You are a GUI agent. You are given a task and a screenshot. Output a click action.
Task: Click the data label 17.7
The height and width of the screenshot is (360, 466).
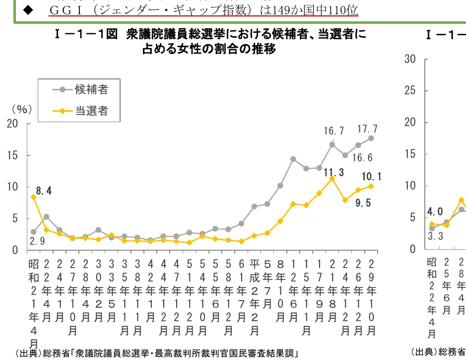[x=367, y=129]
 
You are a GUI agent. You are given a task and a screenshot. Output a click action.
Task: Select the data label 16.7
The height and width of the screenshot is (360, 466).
[x=334, y=131]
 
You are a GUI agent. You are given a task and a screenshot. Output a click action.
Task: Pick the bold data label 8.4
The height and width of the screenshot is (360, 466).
[x=44, y=190]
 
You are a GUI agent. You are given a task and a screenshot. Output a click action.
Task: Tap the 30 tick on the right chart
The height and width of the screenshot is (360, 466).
[x=409, y=59]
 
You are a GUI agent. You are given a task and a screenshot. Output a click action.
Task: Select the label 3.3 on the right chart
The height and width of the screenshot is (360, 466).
[x=435, y=237]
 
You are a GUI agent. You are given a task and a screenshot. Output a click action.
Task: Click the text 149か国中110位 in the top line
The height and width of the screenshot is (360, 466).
[x=307, y=9]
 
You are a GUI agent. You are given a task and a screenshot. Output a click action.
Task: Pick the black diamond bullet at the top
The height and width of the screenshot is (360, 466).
[x=26, y=9]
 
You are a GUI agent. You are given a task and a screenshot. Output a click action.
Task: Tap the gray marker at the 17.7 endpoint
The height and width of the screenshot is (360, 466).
[x=371, y=138]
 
